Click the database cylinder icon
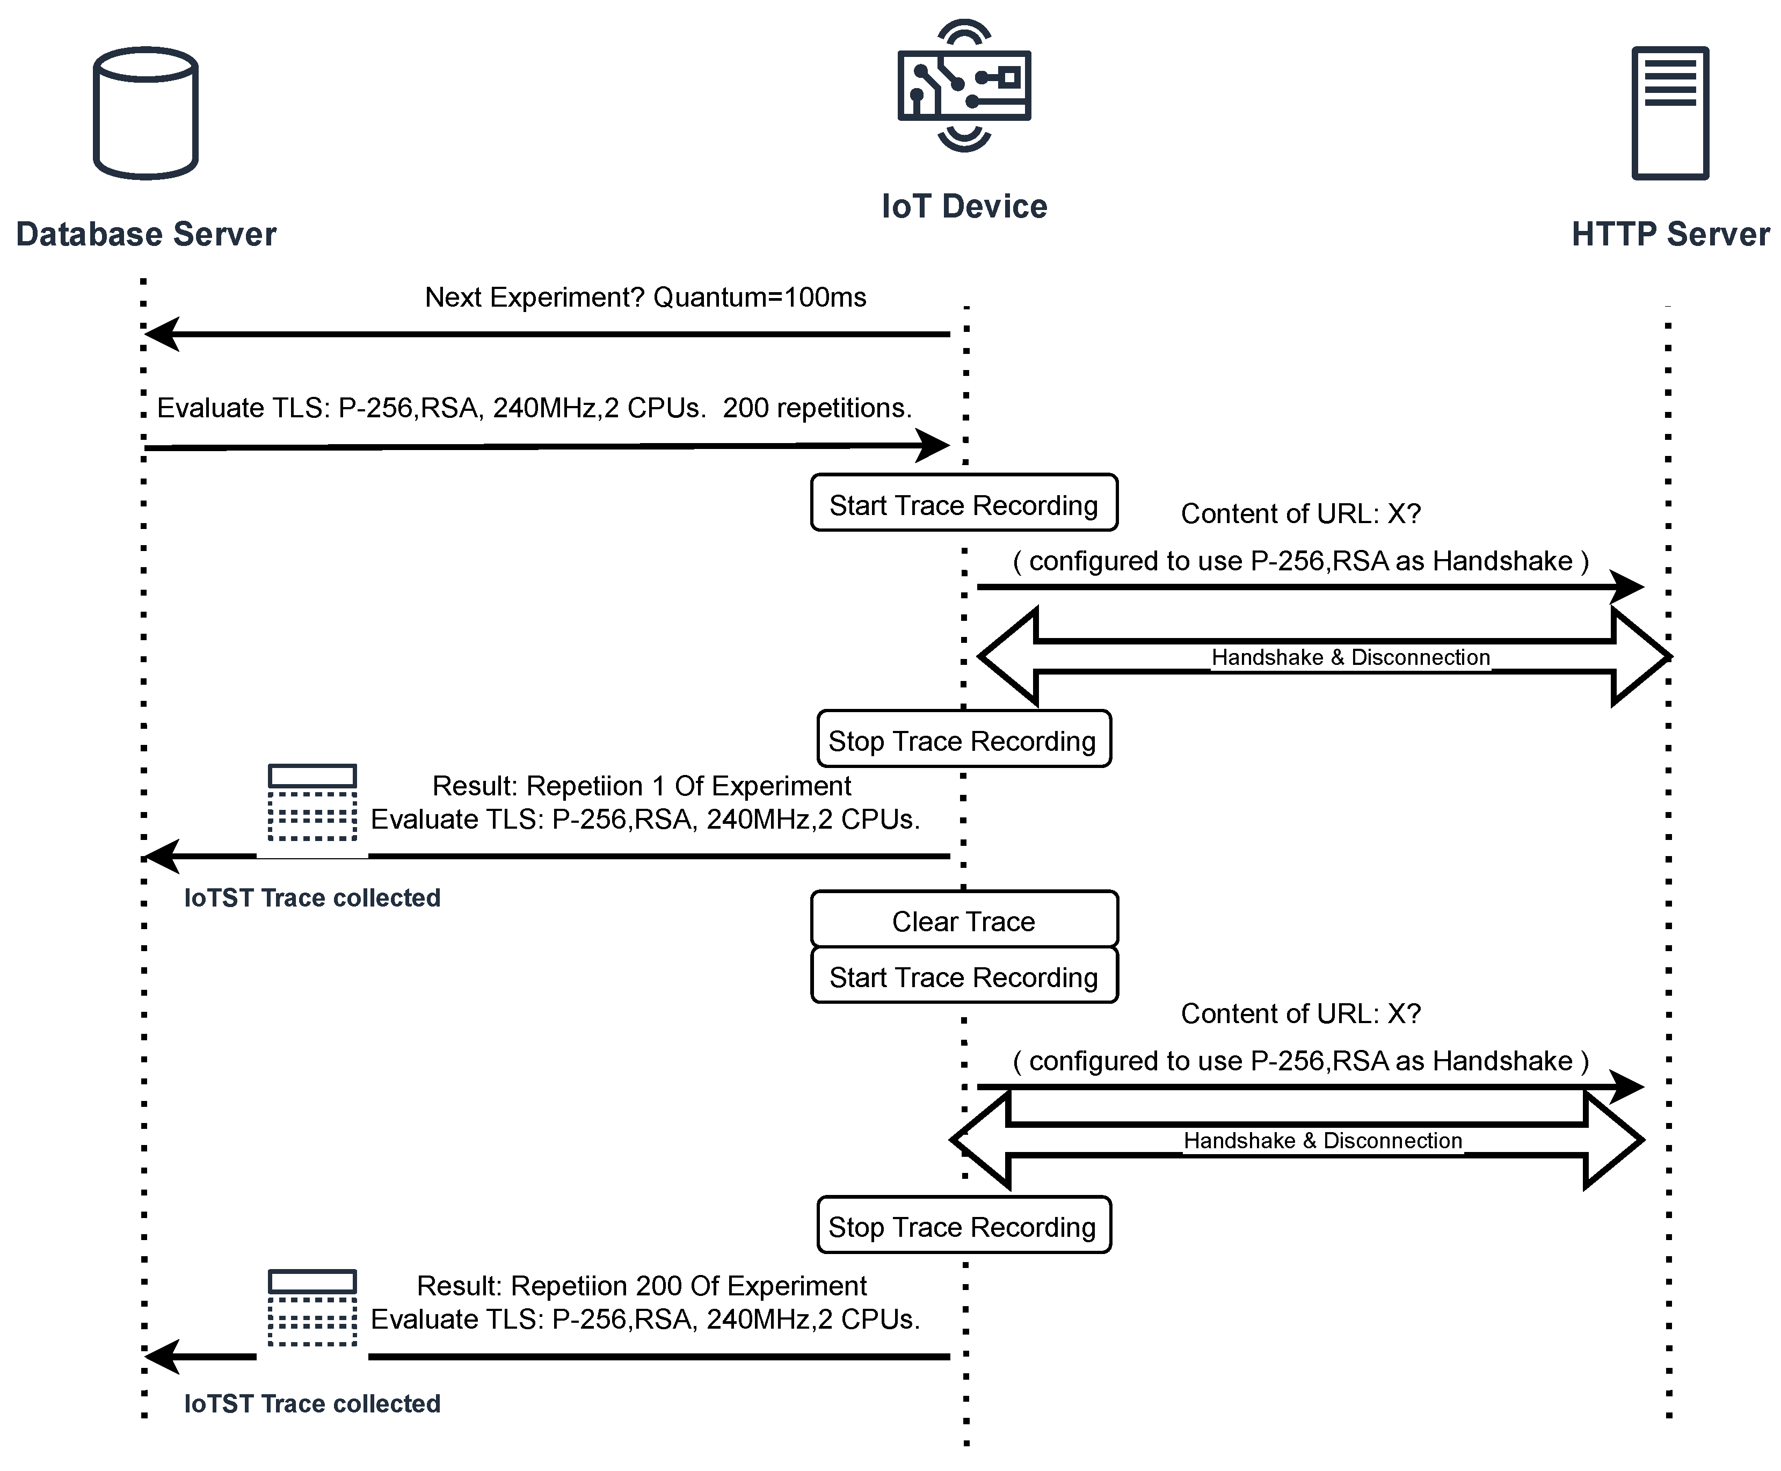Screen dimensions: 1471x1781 click(146, 113)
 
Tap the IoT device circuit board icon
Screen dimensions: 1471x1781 click(964, 85)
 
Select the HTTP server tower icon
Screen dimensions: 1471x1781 click(1669, 113)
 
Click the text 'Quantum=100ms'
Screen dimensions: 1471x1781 click(759, 298)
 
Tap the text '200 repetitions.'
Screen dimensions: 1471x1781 click(817, 408)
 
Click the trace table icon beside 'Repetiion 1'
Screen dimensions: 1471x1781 click(312, 802)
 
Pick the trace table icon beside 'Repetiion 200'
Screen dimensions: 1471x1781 click(312, 1307)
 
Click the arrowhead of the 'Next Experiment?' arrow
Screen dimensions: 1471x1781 click(162, 334)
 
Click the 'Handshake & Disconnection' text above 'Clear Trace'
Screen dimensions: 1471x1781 click(1350, 657)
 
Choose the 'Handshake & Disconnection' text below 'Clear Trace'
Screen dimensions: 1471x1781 click(1322, 1141)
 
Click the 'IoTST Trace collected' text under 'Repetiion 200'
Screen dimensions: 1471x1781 click(312, 1404)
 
